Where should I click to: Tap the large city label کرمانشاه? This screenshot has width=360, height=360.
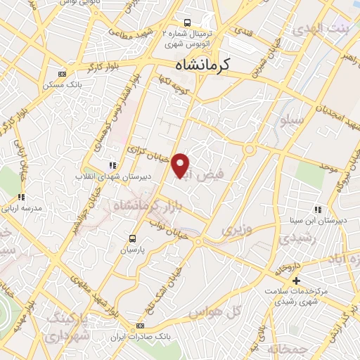[x=209, y=66]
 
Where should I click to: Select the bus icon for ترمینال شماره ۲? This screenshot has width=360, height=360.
[x=186, y=22]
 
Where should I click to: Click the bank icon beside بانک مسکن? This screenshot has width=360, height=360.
[x=63, y=74]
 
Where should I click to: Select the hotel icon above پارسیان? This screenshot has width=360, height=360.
[x=131, y=238]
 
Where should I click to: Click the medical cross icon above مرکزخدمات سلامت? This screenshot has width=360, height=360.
[x=296, y=281]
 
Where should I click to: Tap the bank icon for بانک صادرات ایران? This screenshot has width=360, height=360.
[x=141, y=326]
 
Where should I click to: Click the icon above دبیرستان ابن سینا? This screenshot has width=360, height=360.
[x=318, y=210]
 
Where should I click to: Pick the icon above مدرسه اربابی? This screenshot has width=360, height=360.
[x=21, y=197]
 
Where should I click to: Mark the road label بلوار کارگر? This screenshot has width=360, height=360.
[x=79, y=71]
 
